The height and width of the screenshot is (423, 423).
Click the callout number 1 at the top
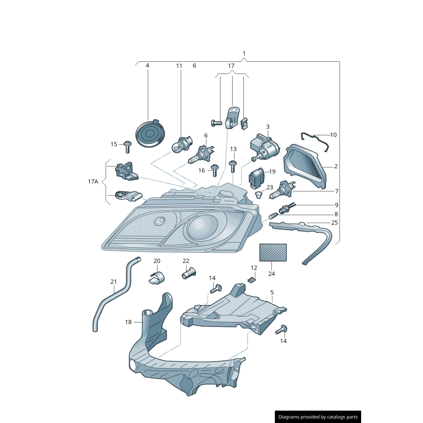click(244, 53)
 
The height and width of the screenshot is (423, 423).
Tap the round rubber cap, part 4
click(150, 132)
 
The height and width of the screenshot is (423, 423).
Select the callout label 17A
click(93, 181)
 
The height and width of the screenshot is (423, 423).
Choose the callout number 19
click(272, 171)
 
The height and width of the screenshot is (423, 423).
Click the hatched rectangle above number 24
click(273, 253)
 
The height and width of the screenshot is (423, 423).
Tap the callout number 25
click(334, 223)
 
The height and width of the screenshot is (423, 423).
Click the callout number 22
click(186, 261)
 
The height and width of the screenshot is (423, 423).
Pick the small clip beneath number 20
click(157, 277)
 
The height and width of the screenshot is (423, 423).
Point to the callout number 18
click(128, 321)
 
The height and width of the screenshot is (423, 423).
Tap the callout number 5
click(272, 292)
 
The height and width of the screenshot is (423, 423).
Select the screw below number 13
click(233, 167)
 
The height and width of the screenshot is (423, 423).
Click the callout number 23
click(270, 187)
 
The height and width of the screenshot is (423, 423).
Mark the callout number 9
click(336, 205)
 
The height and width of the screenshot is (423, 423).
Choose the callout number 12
click(254, 268)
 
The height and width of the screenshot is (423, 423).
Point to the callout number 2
click(336, 166)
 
